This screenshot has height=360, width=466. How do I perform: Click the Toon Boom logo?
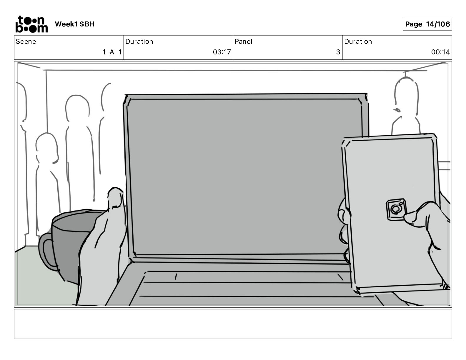(x=31, y=24)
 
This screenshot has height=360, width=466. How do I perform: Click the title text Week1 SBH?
(x=74, y=24)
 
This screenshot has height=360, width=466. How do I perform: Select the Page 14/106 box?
(x=427, y=24)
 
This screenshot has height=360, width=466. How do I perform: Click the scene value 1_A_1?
(x=112, y=52)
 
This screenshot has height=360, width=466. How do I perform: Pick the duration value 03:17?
(x=222, y=52)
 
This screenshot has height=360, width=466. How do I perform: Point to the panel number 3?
(x=338, y=52)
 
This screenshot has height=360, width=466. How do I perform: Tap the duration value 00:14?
(x=440, y=52)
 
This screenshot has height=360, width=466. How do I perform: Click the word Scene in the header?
(x=26, y=41)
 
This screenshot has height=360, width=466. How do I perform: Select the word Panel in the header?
(x=243, y=41)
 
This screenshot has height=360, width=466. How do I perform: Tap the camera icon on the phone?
(x=396, y=209)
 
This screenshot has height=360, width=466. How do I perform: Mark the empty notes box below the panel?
(x=233, y=324)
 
